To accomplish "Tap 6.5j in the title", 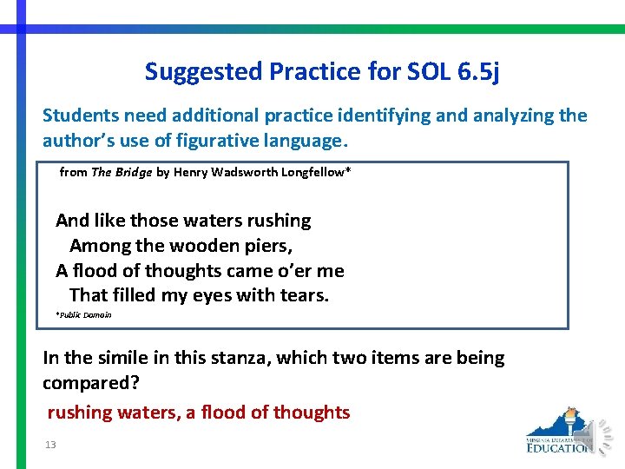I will tap(477, 71).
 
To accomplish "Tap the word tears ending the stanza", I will tap(306, 295).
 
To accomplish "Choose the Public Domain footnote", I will tap(83, 314).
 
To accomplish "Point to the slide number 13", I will tap(50, 445).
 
